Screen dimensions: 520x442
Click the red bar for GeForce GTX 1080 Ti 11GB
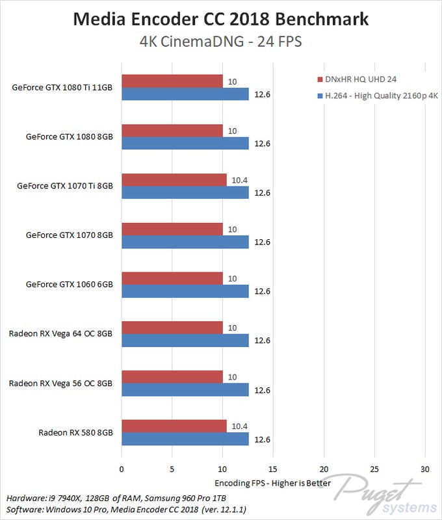[172, 81]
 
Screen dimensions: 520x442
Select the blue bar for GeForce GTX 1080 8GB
[185, 143]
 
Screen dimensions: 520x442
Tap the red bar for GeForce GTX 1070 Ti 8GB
[174, 180]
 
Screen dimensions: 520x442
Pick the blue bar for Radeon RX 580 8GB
[185, 439]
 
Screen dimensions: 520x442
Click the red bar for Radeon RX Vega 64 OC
[172, 328]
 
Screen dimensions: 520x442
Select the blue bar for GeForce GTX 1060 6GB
[185, 291]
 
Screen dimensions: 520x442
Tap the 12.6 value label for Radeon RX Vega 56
[263, 390]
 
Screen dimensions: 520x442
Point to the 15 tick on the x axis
[272, 469]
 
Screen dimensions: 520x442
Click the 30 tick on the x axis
[424, 469]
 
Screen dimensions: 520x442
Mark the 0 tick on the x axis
[122, 469]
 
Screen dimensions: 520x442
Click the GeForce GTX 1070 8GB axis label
[70, 234]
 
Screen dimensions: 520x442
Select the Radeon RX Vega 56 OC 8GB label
[60, 383]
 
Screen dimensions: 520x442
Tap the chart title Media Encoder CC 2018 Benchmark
[220, 19]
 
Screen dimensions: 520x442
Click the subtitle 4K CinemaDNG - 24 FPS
[220, 42]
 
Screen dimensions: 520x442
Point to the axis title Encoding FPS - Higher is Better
[272, 483]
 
